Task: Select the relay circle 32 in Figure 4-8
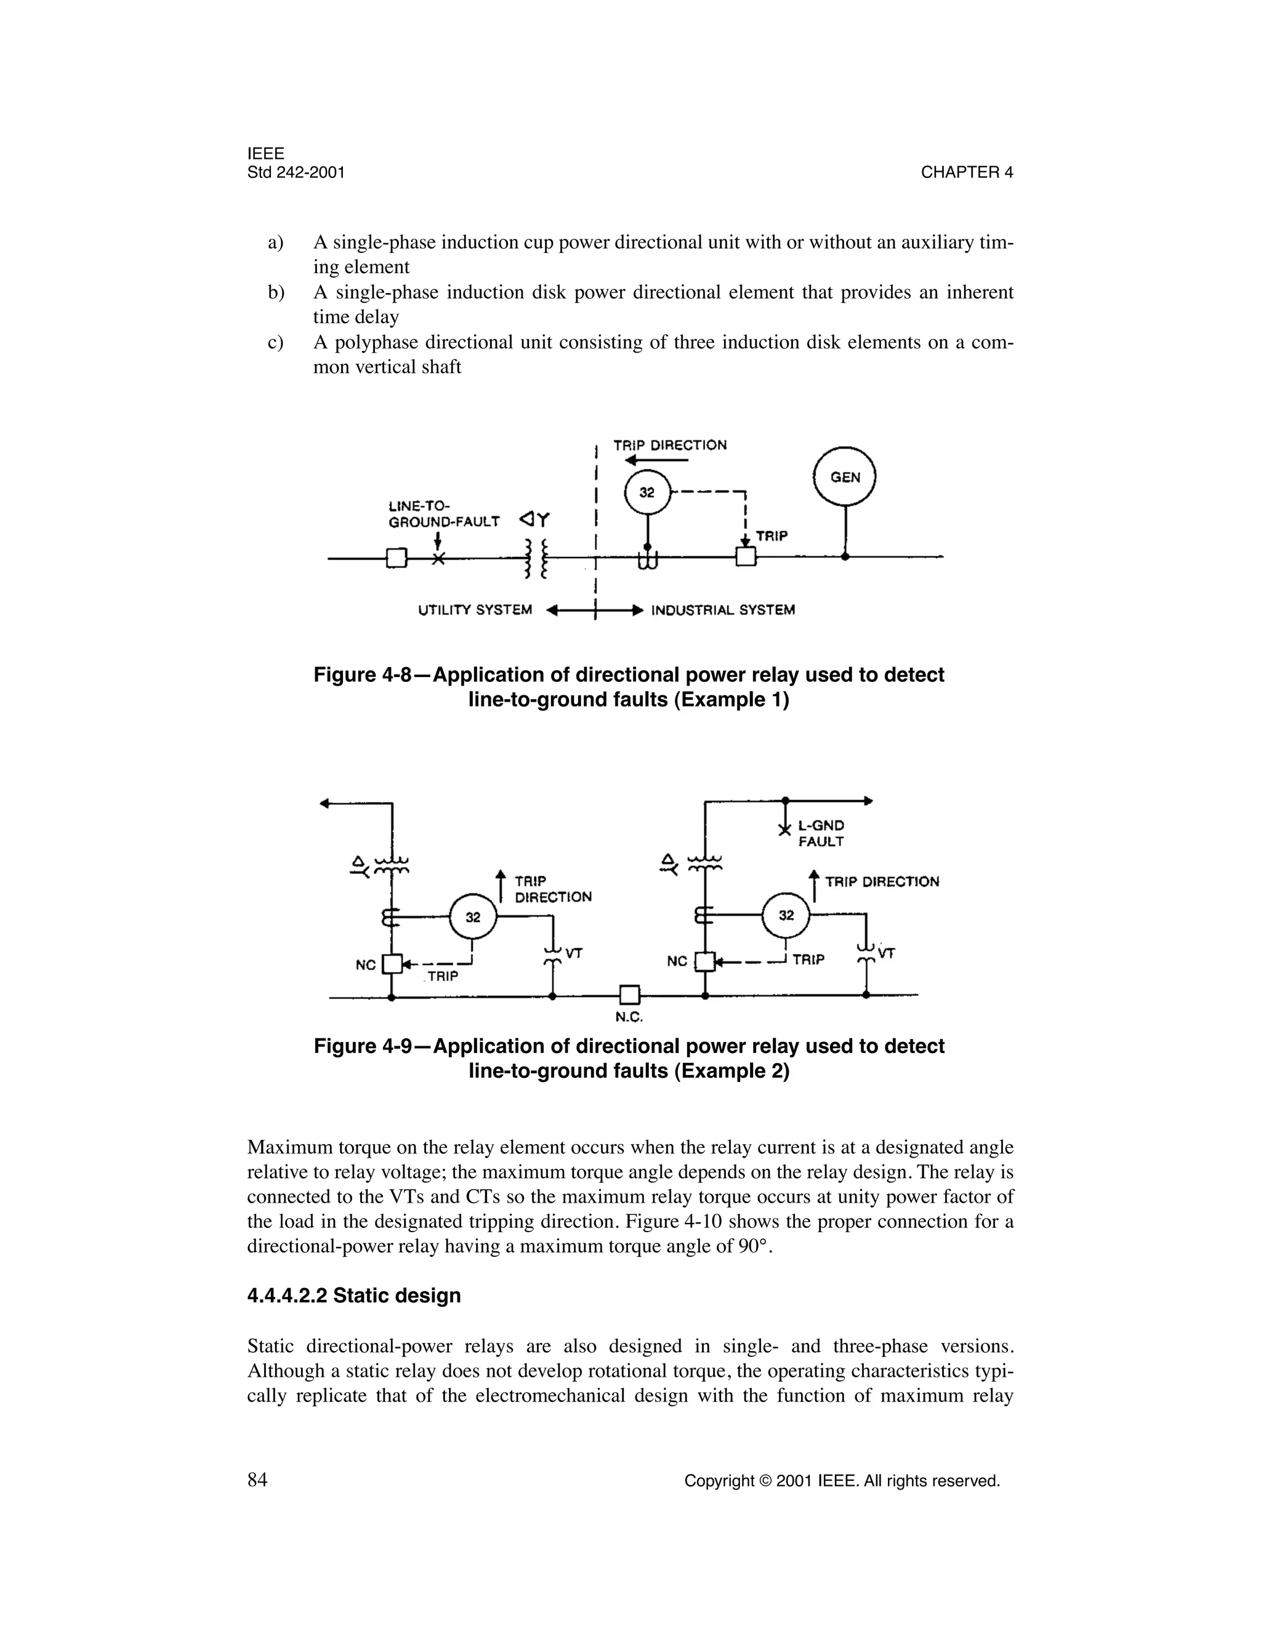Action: [x=647, y=493]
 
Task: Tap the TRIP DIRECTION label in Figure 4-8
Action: [x=669, y=445]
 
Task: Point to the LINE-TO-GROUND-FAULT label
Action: [x=444, y=514]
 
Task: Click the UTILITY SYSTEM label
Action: [x=475, y=610]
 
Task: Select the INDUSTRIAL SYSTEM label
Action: [x=722, y=610]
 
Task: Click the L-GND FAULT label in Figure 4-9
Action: [x=821, y=833]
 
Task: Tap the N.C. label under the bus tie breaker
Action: [x=630, y=1017]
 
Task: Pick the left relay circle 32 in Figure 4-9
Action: [x=473, y=918]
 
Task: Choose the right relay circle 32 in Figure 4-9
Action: [x=786, y=916]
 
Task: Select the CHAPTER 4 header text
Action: [x=967, y=172]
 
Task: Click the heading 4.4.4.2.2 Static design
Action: [x=353, y=1295]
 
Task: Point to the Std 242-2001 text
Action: [x=296, y=172]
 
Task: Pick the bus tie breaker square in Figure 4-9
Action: [x=630, y=995]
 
